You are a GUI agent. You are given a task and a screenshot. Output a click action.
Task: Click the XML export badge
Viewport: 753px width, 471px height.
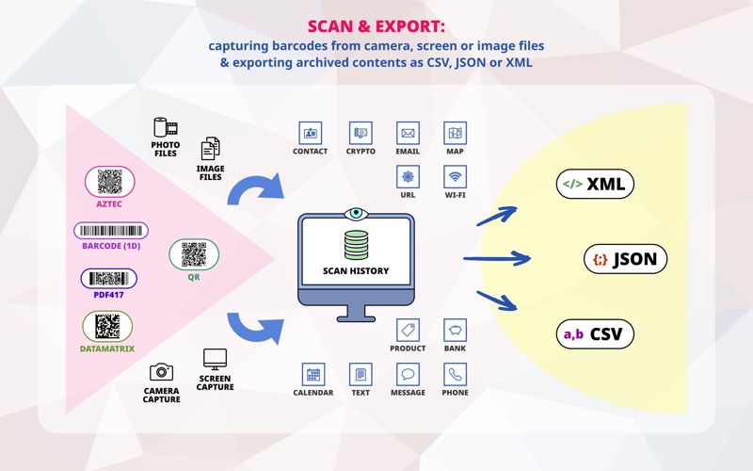595,184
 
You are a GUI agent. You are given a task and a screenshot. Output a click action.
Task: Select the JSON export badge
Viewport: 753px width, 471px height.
626,259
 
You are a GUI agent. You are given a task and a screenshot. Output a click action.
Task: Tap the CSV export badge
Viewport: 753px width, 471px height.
595,333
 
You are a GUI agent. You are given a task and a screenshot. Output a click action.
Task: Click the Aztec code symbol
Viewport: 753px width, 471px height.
110,181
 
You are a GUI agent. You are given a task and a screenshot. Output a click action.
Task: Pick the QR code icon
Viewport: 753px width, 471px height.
194,253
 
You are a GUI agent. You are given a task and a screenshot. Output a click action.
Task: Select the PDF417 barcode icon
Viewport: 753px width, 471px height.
108,278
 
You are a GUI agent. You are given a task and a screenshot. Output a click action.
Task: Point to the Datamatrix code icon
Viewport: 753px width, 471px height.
107,326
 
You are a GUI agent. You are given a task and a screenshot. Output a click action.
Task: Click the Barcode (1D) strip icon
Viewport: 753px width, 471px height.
111,231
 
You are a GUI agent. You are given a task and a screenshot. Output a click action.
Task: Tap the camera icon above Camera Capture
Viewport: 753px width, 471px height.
161,372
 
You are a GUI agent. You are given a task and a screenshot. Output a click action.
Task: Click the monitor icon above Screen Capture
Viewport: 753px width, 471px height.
216,359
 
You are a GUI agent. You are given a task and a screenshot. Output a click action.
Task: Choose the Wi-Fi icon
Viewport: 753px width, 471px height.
456,177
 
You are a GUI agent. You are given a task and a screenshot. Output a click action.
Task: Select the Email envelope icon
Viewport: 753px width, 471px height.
408,133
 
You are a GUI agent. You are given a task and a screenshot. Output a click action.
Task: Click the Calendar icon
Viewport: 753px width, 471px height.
313,374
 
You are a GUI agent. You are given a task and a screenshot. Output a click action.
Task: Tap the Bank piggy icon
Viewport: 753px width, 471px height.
456,330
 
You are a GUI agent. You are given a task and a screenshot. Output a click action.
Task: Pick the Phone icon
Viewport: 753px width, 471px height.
456,374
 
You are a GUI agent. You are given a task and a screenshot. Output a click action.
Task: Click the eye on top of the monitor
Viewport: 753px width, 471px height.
355,213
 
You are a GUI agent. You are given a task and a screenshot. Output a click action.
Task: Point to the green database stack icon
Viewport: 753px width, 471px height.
355,246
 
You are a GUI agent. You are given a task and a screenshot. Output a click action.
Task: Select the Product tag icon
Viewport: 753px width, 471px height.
408,330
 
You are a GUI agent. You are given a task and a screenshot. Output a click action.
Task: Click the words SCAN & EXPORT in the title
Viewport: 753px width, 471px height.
376,25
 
